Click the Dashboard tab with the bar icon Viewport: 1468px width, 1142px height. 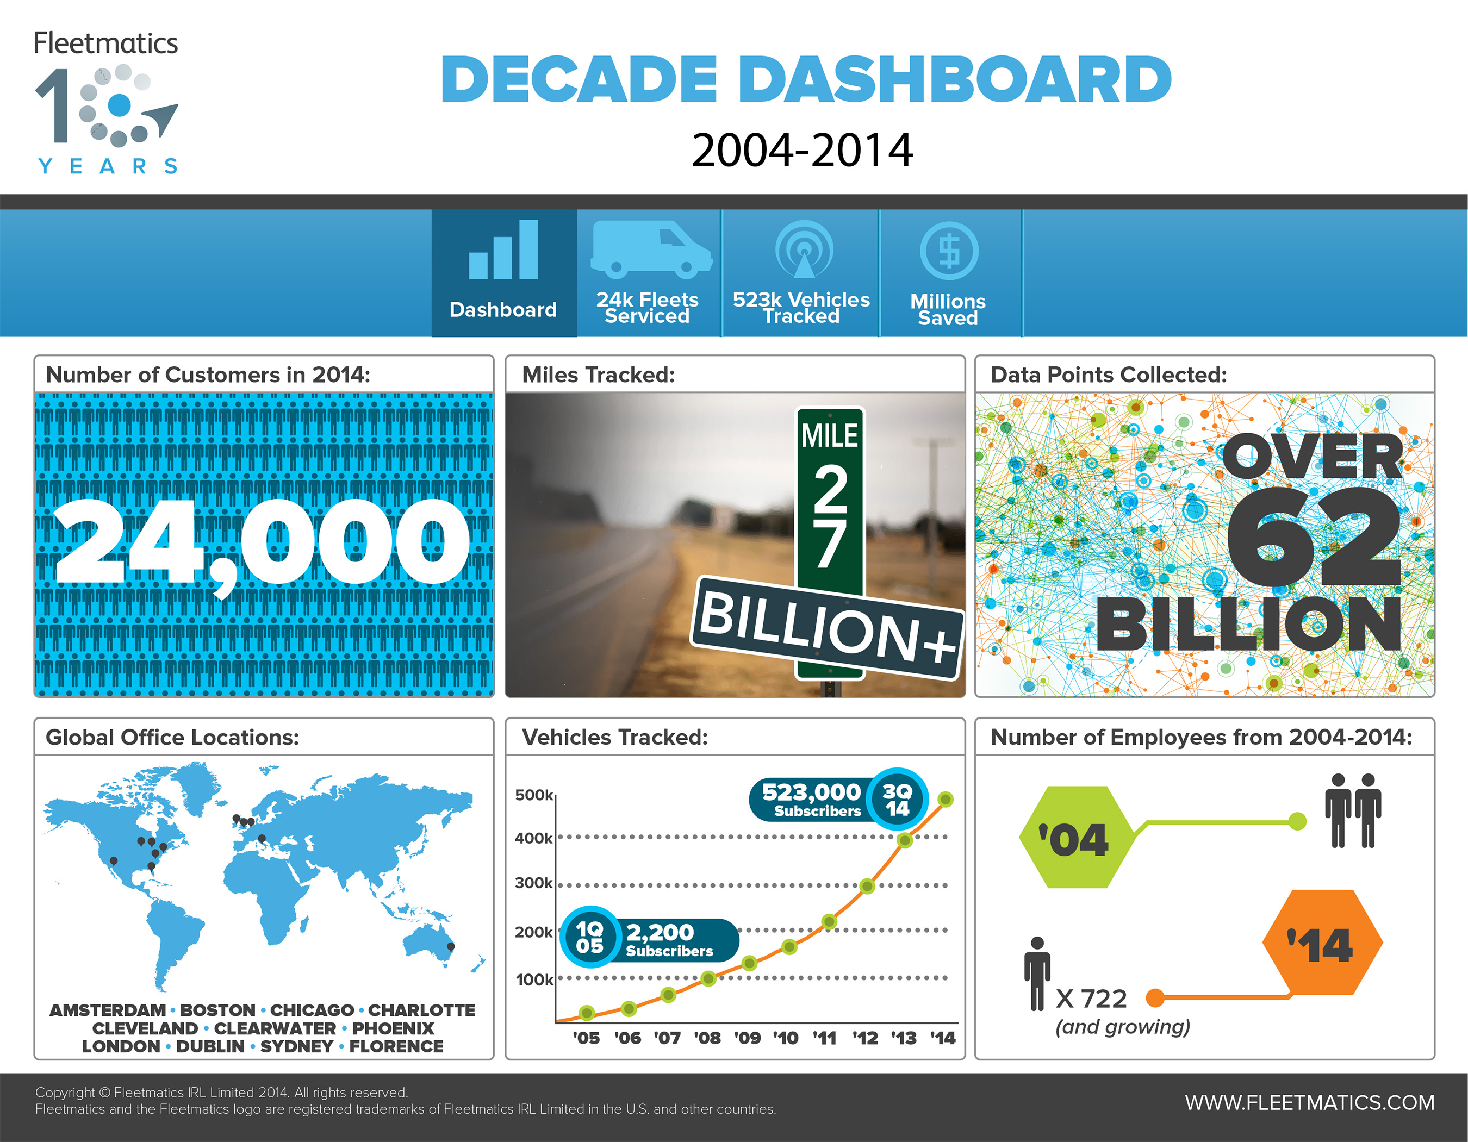(504, 272)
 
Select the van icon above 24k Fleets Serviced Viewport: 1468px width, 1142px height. (651, 249)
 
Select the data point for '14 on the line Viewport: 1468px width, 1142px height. (945, 799)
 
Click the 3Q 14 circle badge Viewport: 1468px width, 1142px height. (897, 799)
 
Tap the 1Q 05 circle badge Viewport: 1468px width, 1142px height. (589, 937)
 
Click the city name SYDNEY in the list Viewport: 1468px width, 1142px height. (296, 1046)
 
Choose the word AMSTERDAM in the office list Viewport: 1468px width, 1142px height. (108, 1010)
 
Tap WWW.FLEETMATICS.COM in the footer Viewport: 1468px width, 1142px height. (1309, 1102)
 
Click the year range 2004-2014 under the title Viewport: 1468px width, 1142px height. (802, 150)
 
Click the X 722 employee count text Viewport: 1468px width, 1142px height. (1091, 999)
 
